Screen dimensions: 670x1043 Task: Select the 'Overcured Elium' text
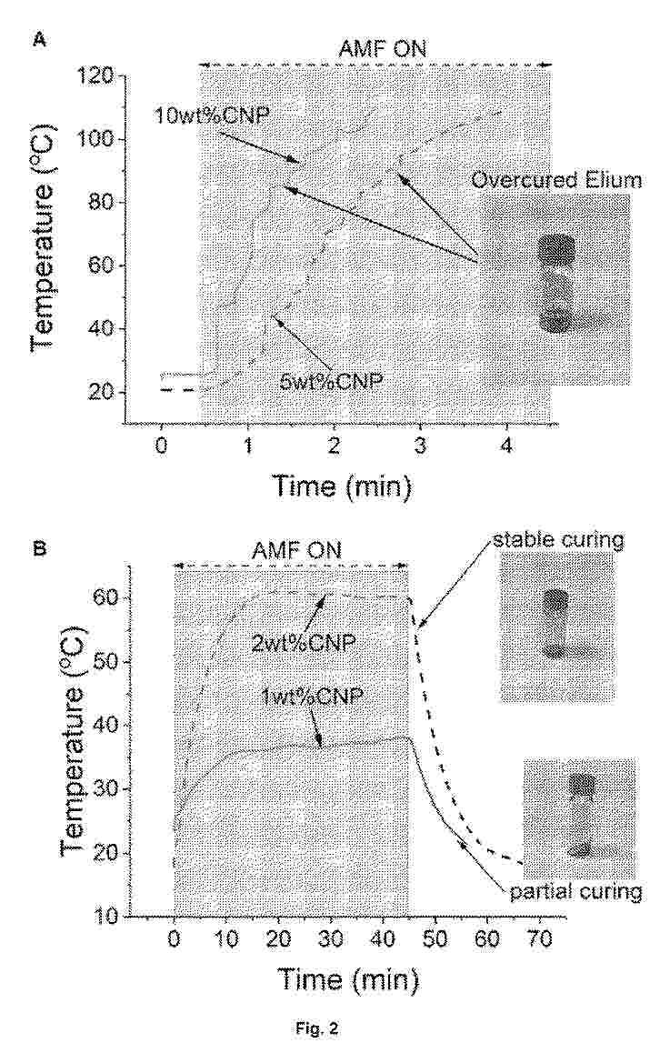557,180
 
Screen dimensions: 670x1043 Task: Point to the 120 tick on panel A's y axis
95,75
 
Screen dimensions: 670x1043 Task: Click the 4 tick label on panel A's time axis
506,445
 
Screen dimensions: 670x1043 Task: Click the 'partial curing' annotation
575,891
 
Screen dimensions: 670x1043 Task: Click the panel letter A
38,40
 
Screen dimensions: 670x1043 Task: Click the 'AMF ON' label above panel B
296,551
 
